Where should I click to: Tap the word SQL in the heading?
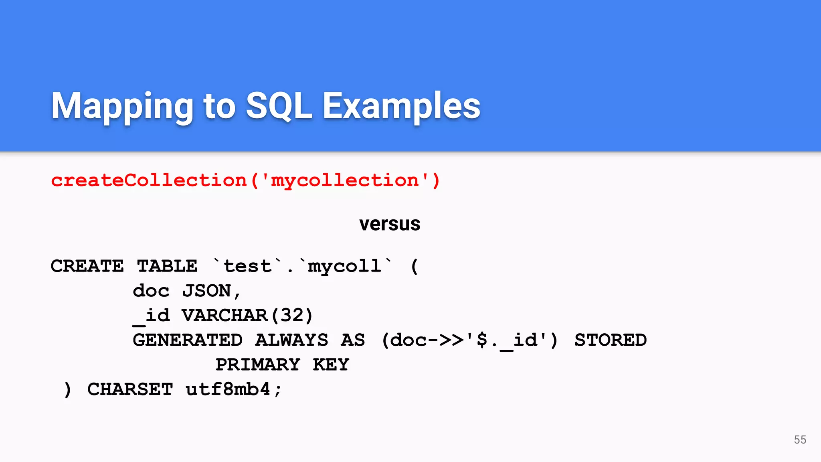click(279, 106)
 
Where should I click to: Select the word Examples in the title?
click(401, 106)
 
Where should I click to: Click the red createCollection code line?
click(245, 180)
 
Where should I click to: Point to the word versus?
click(390, 224)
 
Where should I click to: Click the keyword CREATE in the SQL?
click(87, 266)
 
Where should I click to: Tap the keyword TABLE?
click(167, 266)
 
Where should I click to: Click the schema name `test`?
click(247, 266)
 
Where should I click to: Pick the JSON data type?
click(207, 291)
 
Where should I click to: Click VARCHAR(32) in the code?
click(247, 316)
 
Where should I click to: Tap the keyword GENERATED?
click(188, 340)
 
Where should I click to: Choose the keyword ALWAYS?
click(291, 340)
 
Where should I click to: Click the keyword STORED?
click(611, 340)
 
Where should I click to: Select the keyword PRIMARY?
click(258, 365)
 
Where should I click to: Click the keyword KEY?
click(331, 365)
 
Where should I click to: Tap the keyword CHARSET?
click(130, 389)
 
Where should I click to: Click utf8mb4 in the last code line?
click(228, 389)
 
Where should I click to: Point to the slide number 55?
click(800, 440)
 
